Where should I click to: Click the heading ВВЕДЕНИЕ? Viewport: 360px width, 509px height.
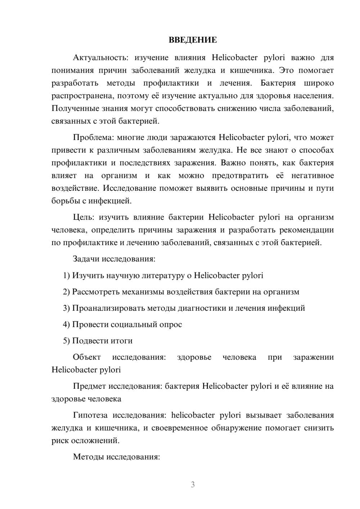tap(193, 40)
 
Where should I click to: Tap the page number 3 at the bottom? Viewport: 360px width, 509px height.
tap(193, 485)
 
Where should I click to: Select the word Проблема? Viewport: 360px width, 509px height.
tap(90, 138)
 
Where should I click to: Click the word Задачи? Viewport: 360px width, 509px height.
tap(86, 259)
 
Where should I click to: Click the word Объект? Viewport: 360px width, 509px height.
tap(87, 357)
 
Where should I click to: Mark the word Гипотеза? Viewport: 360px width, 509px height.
tap(90, 415)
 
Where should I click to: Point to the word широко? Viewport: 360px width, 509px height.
tap(319, 83)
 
